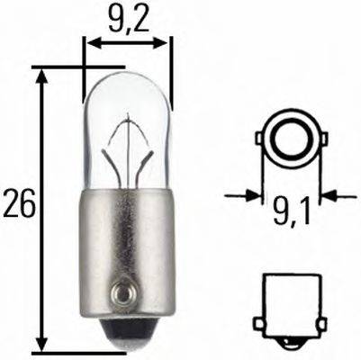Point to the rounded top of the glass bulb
point(127,76)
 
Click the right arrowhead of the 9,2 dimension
point(165,40)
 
